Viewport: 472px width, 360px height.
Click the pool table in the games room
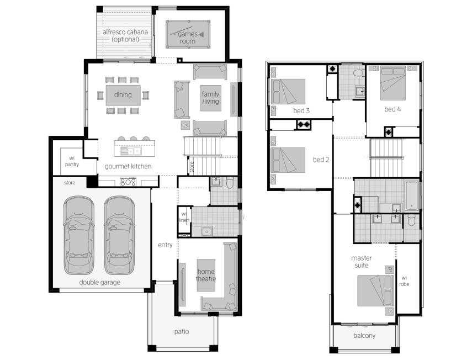pyautogui.click(x=188, y=34)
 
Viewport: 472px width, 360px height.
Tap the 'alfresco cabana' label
pyautogui.click(x=125, y=32)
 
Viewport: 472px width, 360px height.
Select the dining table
pyautogui.click(x=123, y=95)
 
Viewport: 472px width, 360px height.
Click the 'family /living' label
pyautogui.click(x=210, y=98)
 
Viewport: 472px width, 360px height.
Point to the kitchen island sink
pyautogui.click(x=131, y=151)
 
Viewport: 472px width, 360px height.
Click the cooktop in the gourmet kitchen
pyautogui.click(x=128, y=182)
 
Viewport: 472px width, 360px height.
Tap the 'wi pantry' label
pyautogui.click(x=72, y=161)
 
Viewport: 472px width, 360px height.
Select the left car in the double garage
pyautogui.click(x=79, y=235)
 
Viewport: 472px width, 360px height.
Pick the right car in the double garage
pyautogui.click(x=119, y=235)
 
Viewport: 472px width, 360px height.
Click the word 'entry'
pyautogui.click(x=165, y=245)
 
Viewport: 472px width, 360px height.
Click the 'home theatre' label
pyautogui.click(x=206, y=275)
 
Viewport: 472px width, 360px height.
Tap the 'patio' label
pyautogui.click(x=182, y=332)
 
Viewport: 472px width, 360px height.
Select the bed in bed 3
pyautogui.click(x=288, y=92)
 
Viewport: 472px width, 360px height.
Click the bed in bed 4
pyautogui.click(x=393, y=83)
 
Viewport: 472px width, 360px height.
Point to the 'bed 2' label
pyautogui.click(x=321, y=160)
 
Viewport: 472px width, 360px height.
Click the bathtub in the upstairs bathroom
pyautogui.click(x=412, y=195)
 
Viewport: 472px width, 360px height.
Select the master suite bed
pyautogui.click(x=376, y=290)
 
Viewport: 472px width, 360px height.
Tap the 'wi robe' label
pyautogui.click(x=404, y=281)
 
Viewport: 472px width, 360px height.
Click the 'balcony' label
pyautogui.click(x=364, y=336)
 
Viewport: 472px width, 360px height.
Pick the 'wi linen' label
pyautogui.click(x=184, y=217)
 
